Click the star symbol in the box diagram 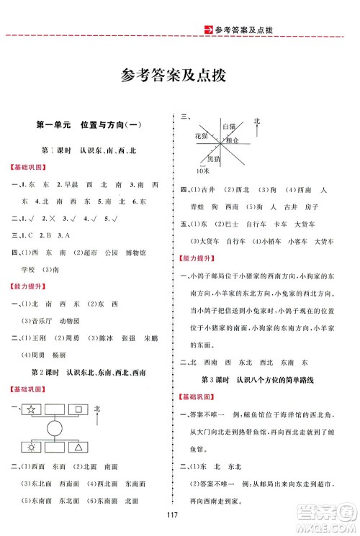tap(31, 410)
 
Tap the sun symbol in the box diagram tap(31, 447)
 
